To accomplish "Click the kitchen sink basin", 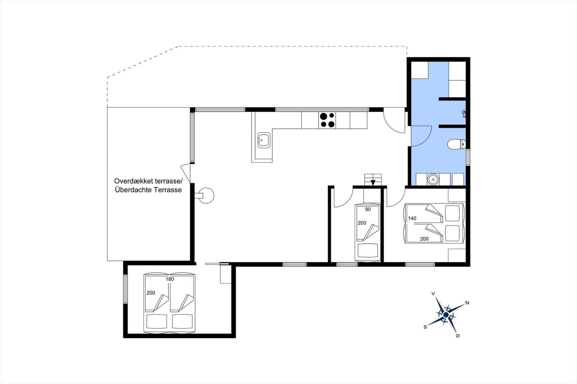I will (x=264, y=140).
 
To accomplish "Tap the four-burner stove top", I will (x=327, y=120).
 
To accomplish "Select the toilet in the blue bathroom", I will (x=456, y=144).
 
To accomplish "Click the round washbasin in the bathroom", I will (x=433, y=179).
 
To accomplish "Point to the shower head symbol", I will (x=464, y=114).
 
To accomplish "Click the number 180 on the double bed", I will (x=169, y=279).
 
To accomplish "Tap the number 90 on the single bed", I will (x=368, y=209).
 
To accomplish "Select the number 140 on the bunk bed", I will (x=412, y=218).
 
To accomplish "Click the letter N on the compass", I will (x=467, y=303).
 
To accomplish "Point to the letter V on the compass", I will (x=433, y=294).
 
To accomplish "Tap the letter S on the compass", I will (x=425, y=327).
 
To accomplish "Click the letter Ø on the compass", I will (x=458, y=336).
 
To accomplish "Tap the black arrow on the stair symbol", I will (x=373, y=182).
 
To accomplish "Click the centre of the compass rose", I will (x=446, y=315).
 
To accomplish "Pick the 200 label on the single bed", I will (x=362, y=223).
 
